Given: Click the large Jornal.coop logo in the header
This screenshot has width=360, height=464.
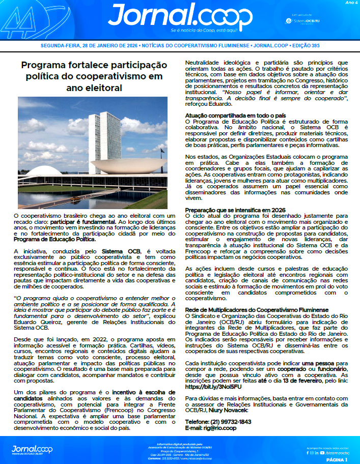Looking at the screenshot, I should coord(180,17).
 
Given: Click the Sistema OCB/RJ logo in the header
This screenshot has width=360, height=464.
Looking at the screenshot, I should coord(304,20).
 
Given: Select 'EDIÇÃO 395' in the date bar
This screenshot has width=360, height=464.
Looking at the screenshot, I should coord(304,45).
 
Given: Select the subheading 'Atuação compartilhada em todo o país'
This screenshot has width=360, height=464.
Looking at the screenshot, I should coord(235,115).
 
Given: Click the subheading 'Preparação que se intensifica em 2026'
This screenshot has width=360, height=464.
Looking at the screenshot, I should coord(235,210).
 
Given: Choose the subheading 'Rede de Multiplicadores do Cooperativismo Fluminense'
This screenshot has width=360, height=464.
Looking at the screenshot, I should coord(257,309).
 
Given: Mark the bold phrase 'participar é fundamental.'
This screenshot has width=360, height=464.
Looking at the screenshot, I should coord(84,222).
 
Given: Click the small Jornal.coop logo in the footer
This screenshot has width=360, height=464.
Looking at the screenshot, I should coord(32,449).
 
